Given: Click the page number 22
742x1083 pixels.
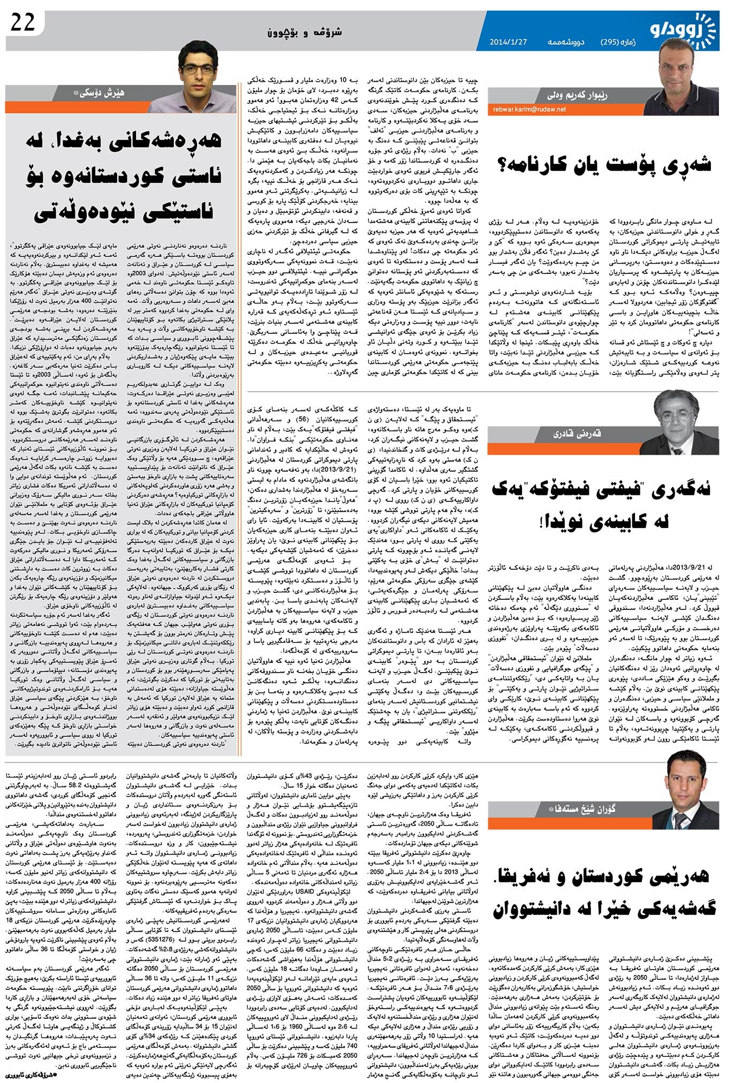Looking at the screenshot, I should pos(22,22).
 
